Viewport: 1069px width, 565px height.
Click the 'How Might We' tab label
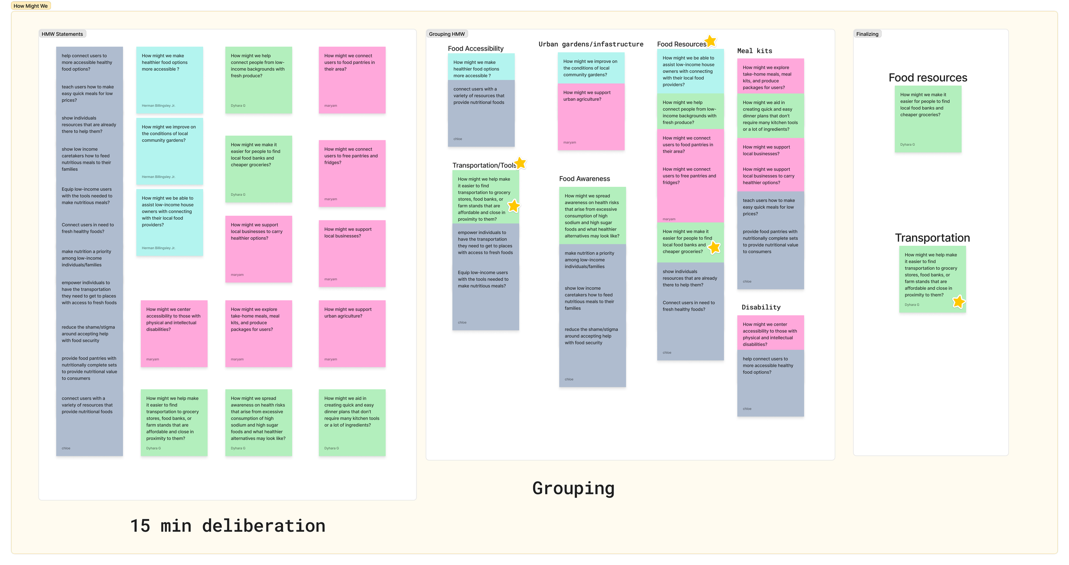coord(30,6)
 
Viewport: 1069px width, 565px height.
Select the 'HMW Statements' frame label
coord(62,34)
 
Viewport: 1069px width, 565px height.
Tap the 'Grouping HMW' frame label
coord(446,34)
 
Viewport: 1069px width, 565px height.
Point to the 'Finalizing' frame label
coord(867,34)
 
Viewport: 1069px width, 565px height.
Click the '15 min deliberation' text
coord(227,526)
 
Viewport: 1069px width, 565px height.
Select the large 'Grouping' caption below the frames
coord(573,488)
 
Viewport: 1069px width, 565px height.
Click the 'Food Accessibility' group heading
coord(475,49)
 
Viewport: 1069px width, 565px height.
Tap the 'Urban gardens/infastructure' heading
coord(591,44)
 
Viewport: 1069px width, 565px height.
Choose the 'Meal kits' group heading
coord(754,51)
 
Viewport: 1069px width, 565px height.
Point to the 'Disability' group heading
coord(761,307)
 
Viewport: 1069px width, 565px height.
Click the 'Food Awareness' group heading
coord(584,179)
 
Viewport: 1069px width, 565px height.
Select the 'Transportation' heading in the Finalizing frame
coord(932,238)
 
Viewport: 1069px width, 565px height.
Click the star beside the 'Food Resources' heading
coord(710,41)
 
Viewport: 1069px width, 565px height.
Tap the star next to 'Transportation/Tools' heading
coord(520,163)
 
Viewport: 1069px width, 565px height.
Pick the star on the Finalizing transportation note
coord(959,302)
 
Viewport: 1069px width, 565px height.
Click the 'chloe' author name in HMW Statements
coord(66,448)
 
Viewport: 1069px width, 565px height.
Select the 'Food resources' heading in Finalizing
coord(927,78)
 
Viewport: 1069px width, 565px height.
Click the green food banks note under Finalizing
coord(928,119)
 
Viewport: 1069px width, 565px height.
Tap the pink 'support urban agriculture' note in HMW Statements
coord(352,333)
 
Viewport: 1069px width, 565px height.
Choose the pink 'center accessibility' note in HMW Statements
coord(174,333)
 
